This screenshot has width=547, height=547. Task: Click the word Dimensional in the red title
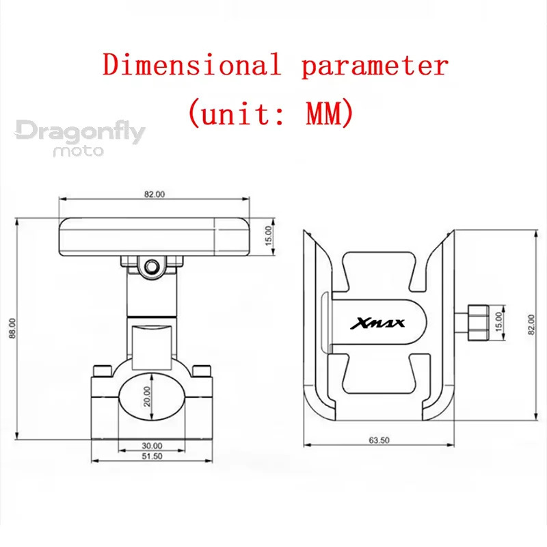coord(192,64)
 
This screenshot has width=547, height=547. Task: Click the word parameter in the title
coord(375,67)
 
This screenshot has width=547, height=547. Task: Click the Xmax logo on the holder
coord(377,323)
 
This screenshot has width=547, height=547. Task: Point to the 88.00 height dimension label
coord(12,328)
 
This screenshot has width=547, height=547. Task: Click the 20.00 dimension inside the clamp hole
coord(147,397)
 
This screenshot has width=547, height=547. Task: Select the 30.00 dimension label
coord(152,446)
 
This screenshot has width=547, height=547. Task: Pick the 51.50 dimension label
coord(152,456)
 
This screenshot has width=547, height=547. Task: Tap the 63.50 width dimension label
coord(379,440)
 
